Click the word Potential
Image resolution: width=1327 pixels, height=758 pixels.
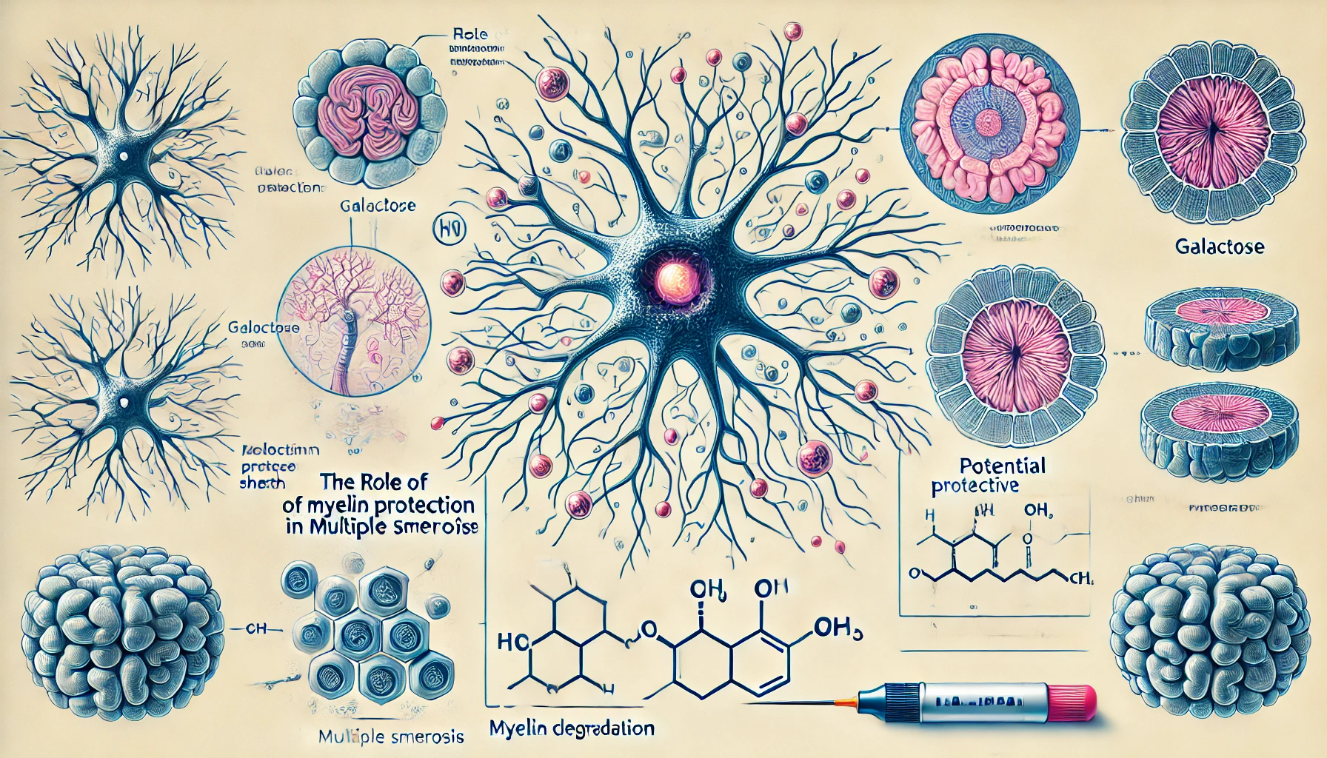(1003, 466)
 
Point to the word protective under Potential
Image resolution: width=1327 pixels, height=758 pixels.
(975, 486)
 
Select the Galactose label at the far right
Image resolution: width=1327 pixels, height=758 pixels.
(1219, 246)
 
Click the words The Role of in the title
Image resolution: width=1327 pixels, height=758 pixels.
(374, 483)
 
